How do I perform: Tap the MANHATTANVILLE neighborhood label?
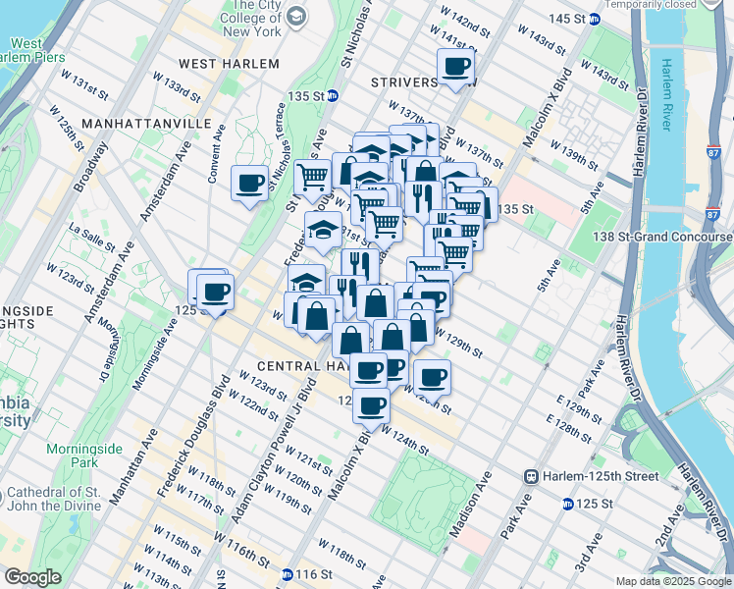146,124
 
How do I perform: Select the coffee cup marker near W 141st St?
455,68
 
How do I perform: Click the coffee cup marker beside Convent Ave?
249,183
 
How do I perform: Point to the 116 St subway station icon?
287,574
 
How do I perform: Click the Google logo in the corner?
32,577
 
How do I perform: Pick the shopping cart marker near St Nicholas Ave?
312,178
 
